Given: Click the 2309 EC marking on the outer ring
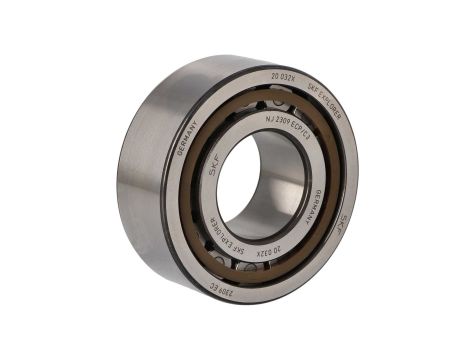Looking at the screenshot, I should (x=222, y=291).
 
